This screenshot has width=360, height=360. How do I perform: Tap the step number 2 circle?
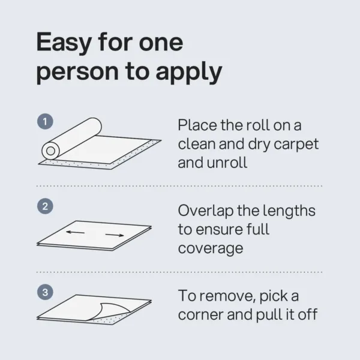tap(46, 206)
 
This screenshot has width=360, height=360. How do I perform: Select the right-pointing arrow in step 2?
tap(116, 234)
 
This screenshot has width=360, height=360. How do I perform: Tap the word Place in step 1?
tap(197, 126)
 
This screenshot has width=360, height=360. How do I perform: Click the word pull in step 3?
tap(277, 314)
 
